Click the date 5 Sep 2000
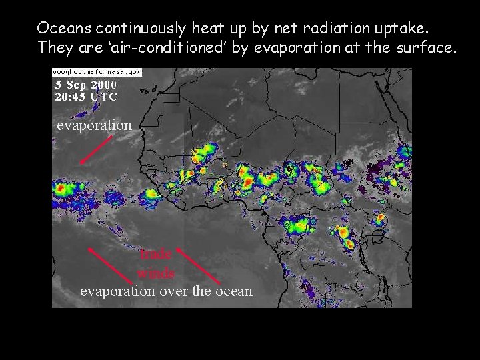click(85, 85)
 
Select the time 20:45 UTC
click(85, 96)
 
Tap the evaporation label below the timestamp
click(94, 125)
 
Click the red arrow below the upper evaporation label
click(93, 149)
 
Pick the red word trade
click(156, 254)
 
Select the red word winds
click(156, 273)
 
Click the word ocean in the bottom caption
click(235, 291)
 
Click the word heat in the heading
click(207, 28)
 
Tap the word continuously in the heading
click(141, 28)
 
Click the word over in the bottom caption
click(177, 291)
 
